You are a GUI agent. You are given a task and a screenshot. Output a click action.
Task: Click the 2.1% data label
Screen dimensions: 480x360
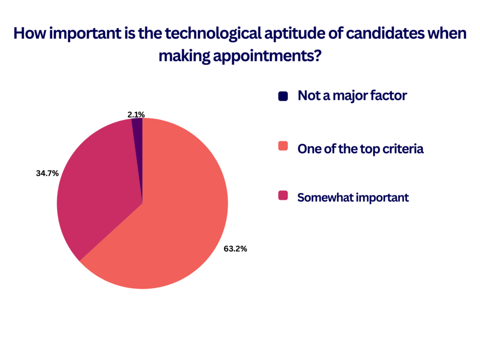(x=136, y=115)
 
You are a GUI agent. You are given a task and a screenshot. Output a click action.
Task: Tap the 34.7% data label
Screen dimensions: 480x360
(x=47, y=173)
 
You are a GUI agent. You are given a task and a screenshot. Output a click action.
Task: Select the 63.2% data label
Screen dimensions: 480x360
(x=235, y=249)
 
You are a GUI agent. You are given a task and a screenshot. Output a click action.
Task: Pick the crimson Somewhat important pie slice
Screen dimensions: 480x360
(x=98, y=184)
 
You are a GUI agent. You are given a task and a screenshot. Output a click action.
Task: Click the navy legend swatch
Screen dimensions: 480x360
(x=283, y=96)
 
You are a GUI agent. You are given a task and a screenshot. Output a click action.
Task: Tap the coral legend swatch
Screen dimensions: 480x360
(x=283, y=146)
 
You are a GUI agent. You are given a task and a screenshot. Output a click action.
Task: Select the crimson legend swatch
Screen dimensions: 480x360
(x=283, y=195)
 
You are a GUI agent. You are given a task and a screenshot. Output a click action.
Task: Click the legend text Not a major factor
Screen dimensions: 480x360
(x=352, y=96)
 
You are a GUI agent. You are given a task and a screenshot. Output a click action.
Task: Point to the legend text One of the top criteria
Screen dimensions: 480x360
(x=360, y=149)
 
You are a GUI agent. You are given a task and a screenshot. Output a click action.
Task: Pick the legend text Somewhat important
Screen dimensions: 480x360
(x=353, y=198)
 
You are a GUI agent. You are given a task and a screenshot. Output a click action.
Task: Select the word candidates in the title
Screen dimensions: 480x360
(x=385, y=33)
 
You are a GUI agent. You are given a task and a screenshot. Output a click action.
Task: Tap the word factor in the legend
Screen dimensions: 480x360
(x=389, y=96)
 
